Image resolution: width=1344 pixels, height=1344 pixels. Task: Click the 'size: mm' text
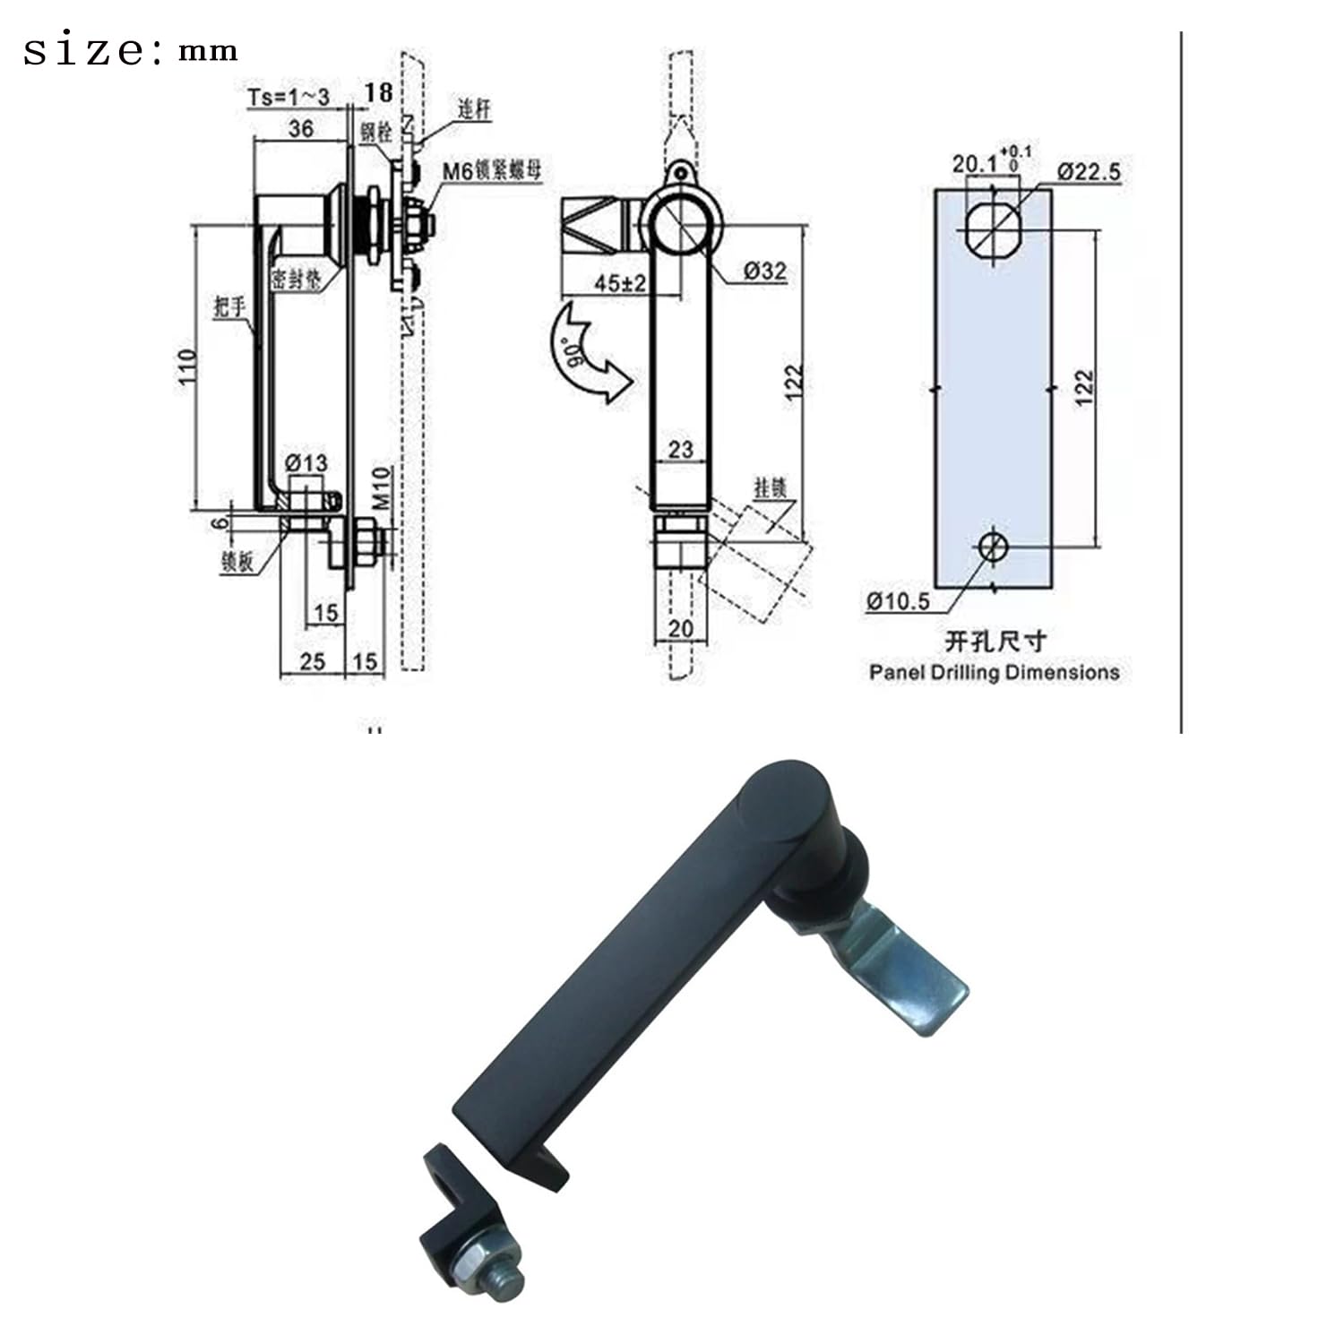pyautogui.click(x=130, y=51)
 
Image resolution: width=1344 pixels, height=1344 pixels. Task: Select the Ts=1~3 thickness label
pyautogui.click(x=289, y=97)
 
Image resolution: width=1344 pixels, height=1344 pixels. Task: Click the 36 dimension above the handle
pyautogui.click(x=301, y=129)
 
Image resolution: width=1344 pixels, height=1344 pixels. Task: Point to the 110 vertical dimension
pyautogui.click(x=187, y=366)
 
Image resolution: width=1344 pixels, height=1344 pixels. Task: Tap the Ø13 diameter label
pyautogui.click(x=306, y=463)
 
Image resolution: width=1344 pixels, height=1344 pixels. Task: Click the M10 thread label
pyautogui.click(x=383, y=488)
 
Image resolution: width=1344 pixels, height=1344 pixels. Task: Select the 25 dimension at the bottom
pyautogui.click(x=312, y=661)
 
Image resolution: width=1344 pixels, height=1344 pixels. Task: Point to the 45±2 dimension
pyautogui.click(x=620, y=283)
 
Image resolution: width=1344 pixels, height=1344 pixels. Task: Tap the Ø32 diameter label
pyautogui.click(x=764, y=271)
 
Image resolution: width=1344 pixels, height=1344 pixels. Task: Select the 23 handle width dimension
pyautogui.click(x=680, y=449)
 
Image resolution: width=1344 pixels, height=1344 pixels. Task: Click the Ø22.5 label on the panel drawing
pyautogui.click(x=1088, y=171)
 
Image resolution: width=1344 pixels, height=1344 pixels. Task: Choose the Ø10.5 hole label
pyautogui.click(x=898, y=601)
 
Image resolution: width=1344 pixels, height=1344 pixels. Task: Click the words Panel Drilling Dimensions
pyautogui.click(x=994, y=672)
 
